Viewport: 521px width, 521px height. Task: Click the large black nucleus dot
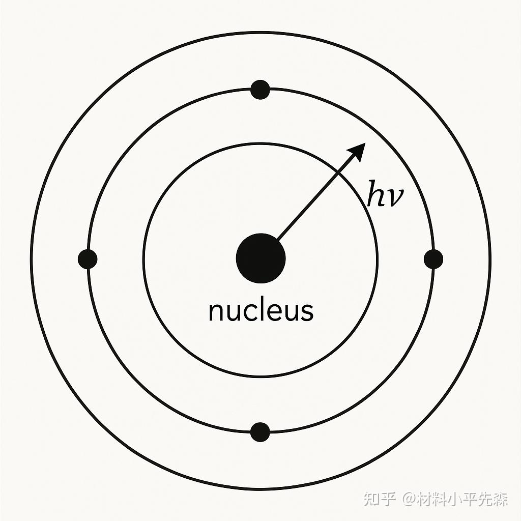260,258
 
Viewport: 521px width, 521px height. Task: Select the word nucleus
260,311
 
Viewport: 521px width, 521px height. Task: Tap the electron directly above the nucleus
260,90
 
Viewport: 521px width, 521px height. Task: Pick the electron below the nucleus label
260,432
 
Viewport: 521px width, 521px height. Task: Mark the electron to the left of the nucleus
88,259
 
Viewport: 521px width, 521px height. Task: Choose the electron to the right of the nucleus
433,259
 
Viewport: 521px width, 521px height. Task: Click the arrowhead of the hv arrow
359,150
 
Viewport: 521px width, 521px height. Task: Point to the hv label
386,195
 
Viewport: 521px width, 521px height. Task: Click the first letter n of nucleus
216,312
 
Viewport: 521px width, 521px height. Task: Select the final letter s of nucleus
306,312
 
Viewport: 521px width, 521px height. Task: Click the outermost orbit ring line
260,32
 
